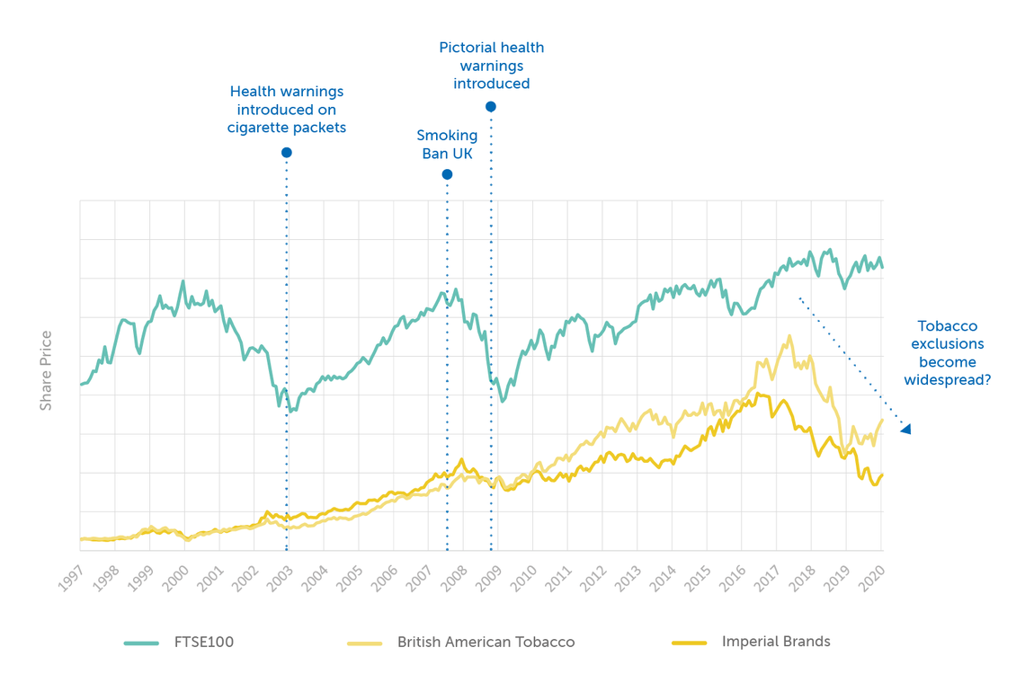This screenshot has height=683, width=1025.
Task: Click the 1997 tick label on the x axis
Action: (x=71, y=576)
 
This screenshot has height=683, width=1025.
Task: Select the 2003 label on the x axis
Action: (x=280, y=576)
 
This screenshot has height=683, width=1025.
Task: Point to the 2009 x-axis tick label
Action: (x=488, y=576)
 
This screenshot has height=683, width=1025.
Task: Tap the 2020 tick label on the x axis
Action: (x=872, y=576)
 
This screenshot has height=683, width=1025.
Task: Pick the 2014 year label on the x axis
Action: (x=663, y=576)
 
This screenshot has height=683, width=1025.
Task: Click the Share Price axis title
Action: (x=46, y=371)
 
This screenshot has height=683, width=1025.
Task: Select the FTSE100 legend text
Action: (x=203, y=643)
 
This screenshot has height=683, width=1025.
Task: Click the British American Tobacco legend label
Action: (x=486, y=643)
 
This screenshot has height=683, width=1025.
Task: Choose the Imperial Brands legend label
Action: (x=776, y=642)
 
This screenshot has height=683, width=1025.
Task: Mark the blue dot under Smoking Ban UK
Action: (x=447, y=174)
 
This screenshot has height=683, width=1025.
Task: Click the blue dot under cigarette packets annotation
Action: (x=287, y=153)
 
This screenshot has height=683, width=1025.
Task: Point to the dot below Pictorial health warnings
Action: (x=491, y=107)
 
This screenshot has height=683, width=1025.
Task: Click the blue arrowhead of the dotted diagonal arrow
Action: (x=906, y=430)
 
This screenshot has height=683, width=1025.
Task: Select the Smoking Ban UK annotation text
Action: (x=447, y=144)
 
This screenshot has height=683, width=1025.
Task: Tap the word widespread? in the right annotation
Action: (x=947, y=380)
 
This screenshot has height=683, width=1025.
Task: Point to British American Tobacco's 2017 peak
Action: (x=789, y=337)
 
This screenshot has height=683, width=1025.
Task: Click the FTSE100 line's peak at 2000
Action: (x=183, y=281)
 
